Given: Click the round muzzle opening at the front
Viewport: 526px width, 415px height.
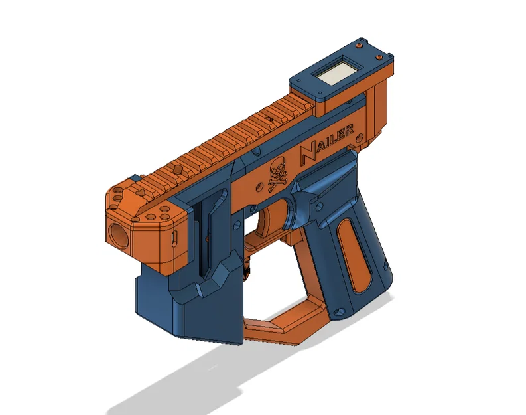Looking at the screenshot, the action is [x=118, y=235].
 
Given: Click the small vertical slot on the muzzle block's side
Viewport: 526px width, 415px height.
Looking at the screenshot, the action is [x=174, y=238].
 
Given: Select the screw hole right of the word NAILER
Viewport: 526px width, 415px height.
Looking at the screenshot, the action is [x=359, y=137].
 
